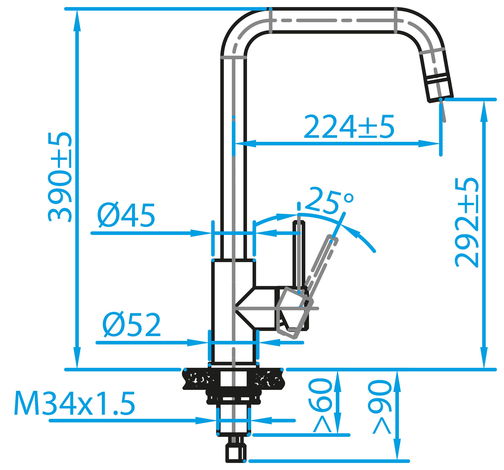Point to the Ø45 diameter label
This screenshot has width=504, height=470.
coord(126,216)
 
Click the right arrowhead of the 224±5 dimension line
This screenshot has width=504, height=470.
coord(431,144)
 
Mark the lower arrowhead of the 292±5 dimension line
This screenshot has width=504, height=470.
coord(484,360)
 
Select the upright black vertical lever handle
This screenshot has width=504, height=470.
coord(299,254)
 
